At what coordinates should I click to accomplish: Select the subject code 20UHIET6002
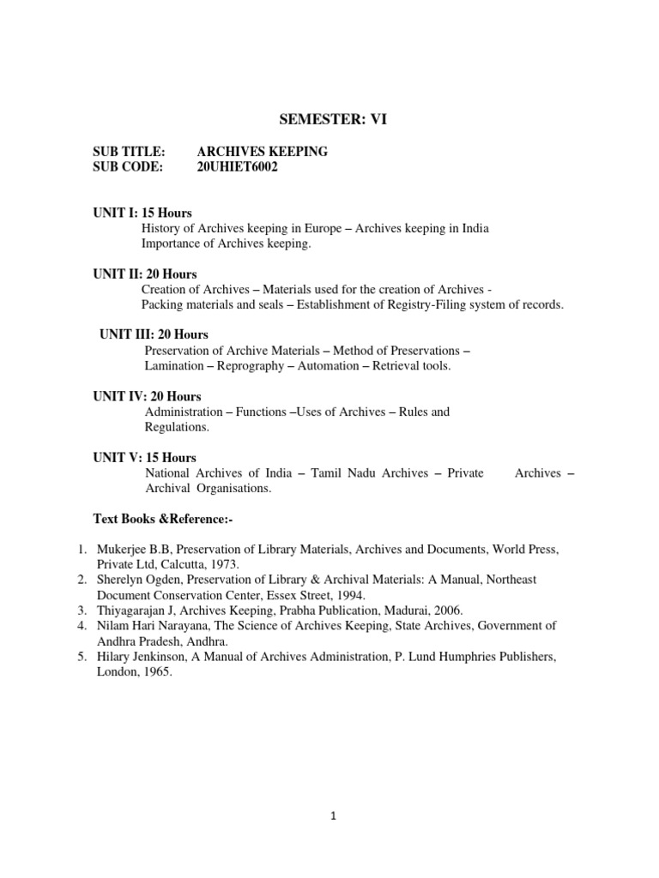coord(238,167)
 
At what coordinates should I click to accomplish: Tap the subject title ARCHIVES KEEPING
coord(263,152)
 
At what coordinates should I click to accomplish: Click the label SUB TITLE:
coord(129,152)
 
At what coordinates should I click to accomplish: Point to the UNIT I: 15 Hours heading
coord(142,213)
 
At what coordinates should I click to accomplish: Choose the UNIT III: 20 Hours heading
coord(154,334)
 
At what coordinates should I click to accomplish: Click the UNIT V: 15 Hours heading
coord(144,457)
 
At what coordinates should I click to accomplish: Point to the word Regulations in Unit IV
coord(177,427)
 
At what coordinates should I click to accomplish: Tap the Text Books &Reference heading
coord(163,519)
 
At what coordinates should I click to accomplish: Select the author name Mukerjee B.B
coord(135,549)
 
